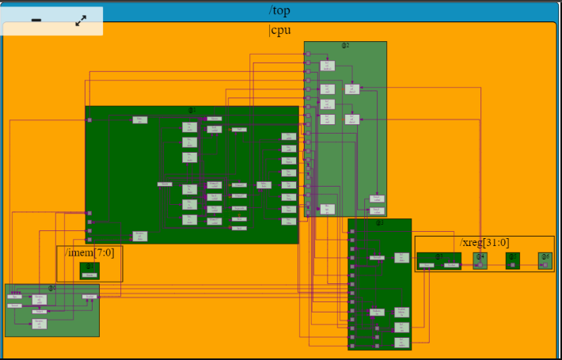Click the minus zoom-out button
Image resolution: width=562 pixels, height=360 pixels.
(36, 21)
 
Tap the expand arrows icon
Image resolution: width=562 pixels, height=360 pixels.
(81, 21)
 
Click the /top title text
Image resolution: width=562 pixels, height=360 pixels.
(280, 10)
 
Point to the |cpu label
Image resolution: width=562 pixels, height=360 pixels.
(280, 31)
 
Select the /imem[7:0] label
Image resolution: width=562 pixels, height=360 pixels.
(89, 252)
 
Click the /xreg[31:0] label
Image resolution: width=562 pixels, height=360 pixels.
(484, 242)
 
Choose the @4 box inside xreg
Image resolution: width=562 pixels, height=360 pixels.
(480, 260)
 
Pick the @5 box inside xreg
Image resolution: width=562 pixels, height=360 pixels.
(512, 260)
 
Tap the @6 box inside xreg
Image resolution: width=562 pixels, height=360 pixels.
(545, 260)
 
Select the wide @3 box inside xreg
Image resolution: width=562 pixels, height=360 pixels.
(439, 260)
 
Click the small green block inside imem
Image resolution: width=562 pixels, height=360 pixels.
(89, 271)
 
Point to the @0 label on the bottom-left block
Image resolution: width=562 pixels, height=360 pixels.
(51, 288)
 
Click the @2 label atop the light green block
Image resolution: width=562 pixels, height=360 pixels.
(345, 45)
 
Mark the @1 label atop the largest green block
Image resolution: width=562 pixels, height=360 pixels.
(192, 110)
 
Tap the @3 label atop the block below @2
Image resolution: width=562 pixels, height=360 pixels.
(379, 222)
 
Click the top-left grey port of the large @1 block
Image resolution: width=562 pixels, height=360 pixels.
(89, 120)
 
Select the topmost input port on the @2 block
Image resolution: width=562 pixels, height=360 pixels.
(307, 55)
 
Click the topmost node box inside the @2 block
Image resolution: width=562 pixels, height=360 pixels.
(328, 66)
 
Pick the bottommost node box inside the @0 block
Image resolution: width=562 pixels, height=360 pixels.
(40, 324)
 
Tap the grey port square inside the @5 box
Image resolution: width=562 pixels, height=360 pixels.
(512, 265)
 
